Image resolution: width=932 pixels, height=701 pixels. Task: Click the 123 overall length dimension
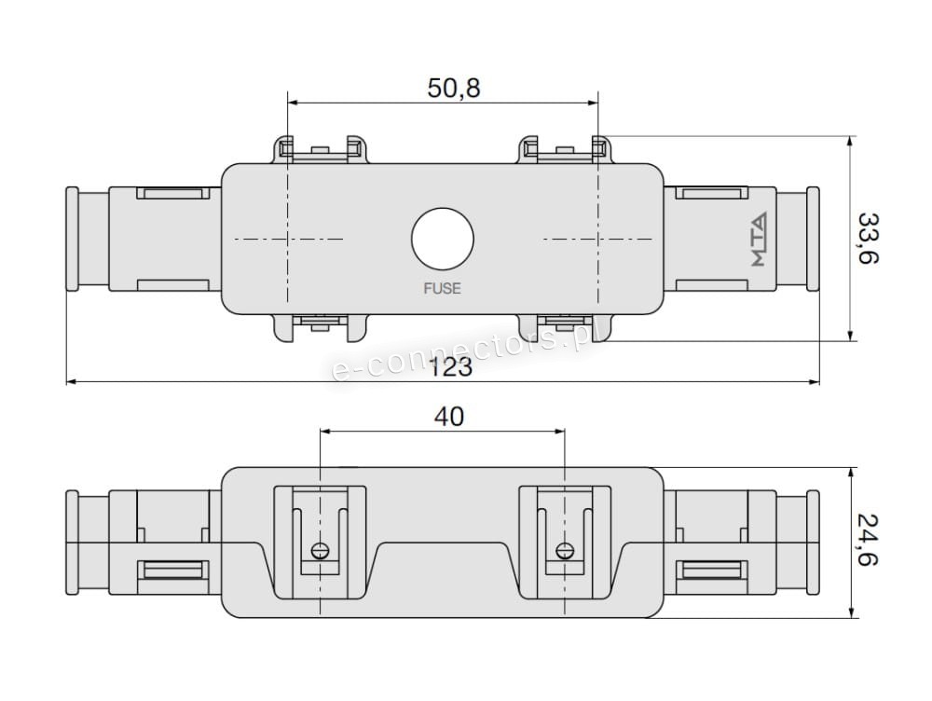coord(452,367)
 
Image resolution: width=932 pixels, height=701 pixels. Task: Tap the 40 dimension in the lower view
coord(448,417)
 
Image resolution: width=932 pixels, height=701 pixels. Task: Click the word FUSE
coord(442,288)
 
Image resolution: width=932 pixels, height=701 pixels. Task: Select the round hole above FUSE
coord(443,239)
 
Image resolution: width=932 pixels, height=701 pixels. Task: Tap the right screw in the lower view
coord(564,549)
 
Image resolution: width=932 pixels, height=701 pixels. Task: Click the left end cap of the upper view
coord(72,239)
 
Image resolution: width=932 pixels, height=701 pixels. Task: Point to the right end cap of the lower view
coord(813,542)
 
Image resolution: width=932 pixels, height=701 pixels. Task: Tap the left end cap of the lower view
coord(72,542)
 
